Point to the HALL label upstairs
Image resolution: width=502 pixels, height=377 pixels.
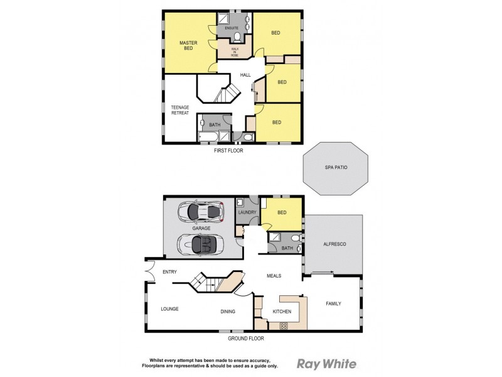245,75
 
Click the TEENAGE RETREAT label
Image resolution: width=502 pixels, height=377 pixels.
180,110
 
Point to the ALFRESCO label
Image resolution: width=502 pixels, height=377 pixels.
334,244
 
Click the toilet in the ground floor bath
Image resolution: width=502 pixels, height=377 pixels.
296,238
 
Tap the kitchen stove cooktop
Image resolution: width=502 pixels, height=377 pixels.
283,325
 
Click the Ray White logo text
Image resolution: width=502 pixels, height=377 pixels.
326,363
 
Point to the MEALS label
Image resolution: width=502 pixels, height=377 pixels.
273,275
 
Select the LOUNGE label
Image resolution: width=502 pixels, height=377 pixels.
169,309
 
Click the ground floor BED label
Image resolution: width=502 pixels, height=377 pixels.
282,212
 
